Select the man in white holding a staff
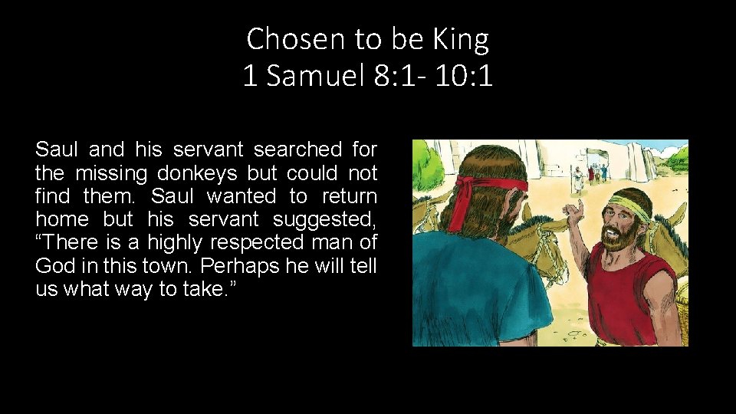click(x=576, y=179)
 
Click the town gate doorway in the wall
click(x=592, y=170)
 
